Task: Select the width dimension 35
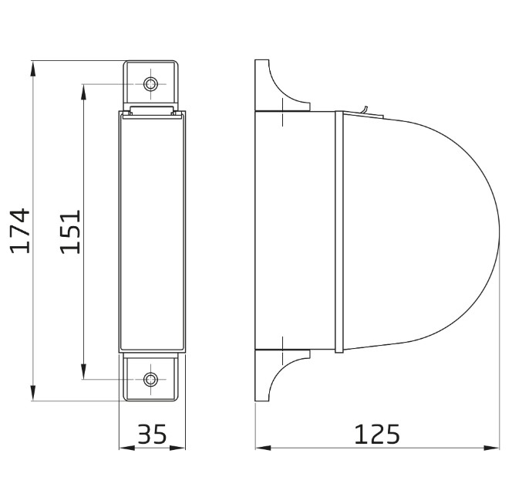pos(152,435)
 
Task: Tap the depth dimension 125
pos(377,435)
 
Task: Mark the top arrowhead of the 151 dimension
pos(83,89)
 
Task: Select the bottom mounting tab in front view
pos(152,378)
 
